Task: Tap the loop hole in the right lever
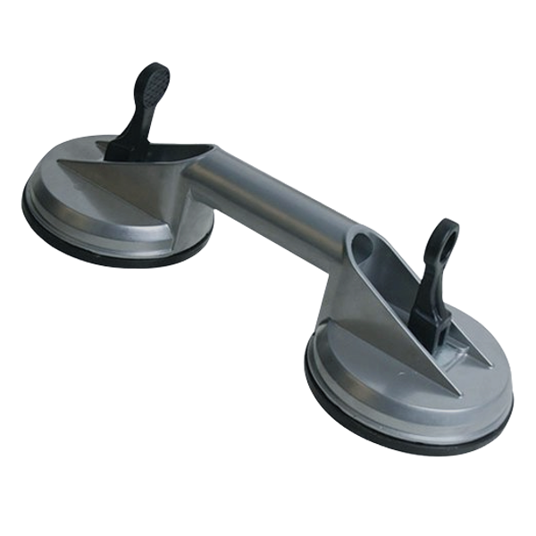[x=443, y=240]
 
